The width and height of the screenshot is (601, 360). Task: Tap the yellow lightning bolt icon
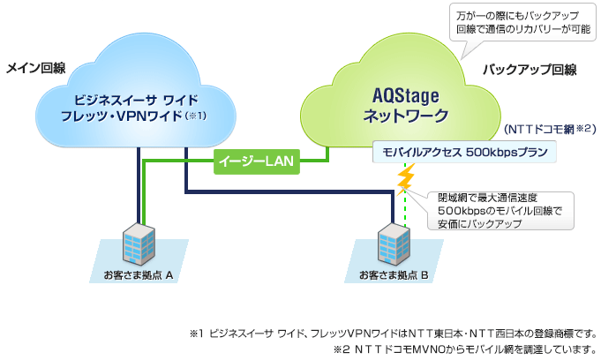[x=406, y=179]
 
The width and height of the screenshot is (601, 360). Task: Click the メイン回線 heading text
[x=37, y=68]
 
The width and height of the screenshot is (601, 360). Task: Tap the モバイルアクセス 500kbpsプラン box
[x=464, y=152]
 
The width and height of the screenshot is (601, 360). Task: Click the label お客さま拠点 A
[x=140, y=276]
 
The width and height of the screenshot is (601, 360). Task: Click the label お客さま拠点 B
[x=394, y=276]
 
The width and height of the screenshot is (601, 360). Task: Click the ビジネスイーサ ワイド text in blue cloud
[x=134, y=97]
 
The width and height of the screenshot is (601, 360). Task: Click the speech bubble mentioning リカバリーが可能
[x=522, y=22]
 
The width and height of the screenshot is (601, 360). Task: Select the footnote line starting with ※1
[x=393, y=334]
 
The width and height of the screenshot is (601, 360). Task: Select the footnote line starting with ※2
[x=465, y=349]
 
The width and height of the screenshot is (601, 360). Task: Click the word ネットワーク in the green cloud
[x=406, y=116]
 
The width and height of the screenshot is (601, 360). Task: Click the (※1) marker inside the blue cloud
[x=196, y=116]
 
